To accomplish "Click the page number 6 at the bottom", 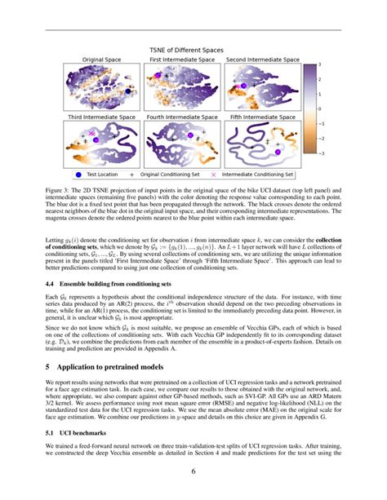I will pos(193,493).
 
